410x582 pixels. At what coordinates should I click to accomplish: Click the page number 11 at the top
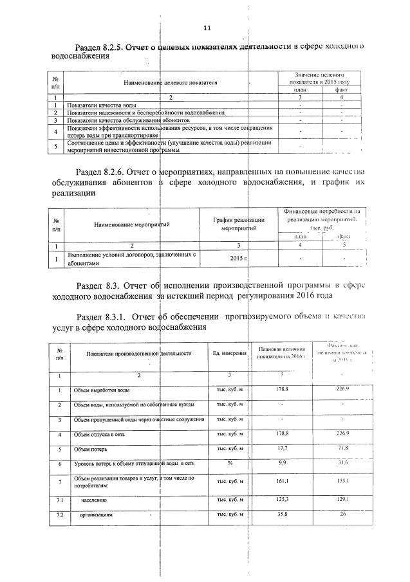[207, 28]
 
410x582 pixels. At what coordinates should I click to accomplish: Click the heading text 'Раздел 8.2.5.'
[99, 47]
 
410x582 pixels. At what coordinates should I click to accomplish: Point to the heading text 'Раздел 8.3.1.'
[100, 316]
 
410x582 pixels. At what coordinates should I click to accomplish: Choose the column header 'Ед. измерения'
[229, 353]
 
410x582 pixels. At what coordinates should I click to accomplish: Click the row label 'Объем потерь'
[91, 449]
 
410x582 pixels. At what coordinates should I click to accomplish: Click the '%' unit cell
[229, 464]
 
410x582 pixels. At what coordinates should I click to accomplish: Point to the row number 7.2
[60, 515]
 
